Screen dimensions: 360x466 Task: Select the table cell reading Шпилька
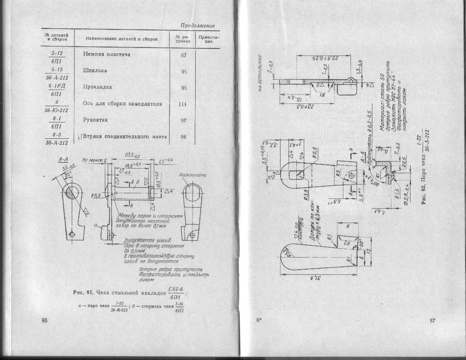[95, 71]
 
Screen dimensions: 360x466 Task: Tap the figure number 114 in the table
[183, 104]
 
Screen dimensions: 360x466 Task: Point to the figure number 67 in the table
[184, 55]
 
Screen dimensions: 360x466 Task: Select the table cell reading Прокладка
[97, 87]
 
